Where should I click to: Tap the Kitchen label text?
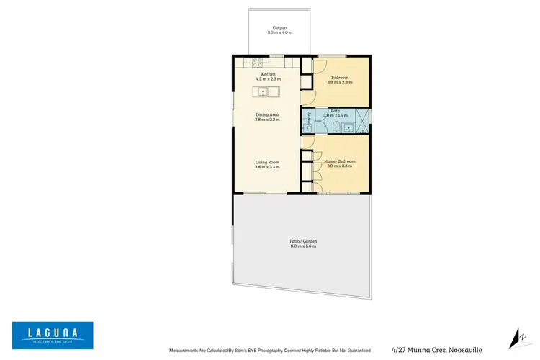click(267, 74)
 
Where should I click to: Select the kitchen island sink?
click(264, 91)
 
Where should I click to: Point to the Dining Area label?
click(267, 114)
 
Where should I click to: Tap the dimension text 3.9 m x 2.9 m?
click(340, 83)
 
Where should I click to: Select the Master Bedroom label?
click(340, 161)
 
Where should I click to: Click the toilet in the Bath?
click(336, 127)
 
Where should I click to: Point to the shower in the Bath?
click(361, 120)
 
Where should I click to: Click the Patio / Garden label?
click(302, 241)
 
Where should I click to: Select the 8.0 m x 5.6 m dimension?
click(302, 246)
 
